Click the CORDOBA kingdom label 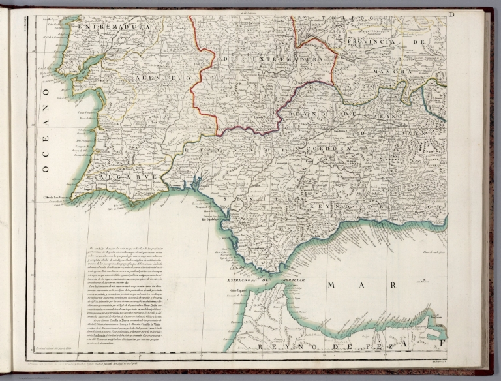tap(323, 149)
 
